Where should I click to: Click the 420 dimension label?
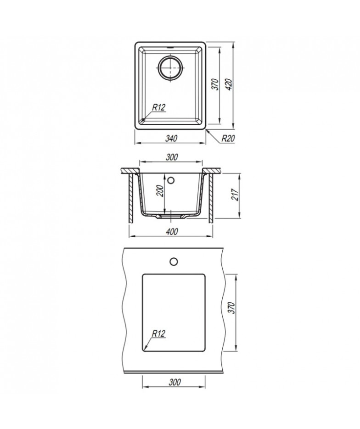(x=229, y=84)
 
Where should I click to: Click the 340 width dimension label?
(x=171, y=139)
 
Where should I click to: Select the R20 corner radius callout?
(x=228, y=139)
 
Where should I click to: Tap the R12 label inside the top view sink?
(x=159, y=107)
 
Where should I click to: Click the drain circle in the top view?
(x=170, y=68)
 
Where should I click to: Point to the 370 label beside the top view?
(x=216, y=84)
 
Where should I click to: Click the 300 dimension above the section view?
(x=172, y=157)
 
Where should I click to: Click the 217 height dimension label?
(x=235, y=195)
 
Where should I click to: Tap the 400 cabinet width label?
(x=172, y=231)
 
